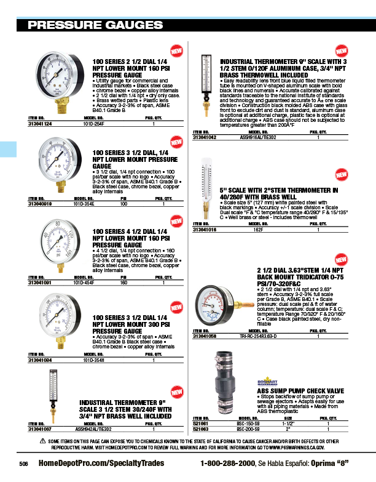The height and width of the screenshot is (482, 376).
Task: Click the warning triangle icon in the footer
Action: [42, 441]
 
